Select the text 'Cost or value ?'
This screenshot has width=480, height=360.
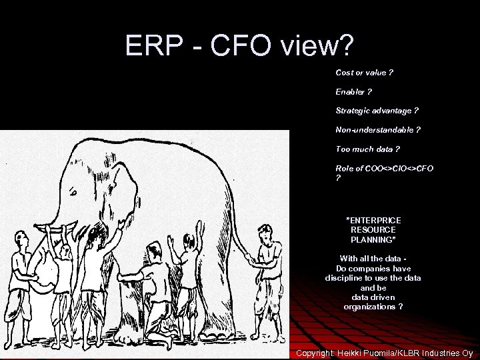point(364,72)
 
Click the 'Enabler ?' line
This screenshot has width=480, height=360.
point(353,91)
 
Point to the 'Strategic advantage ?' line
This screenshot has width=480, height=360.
point(377,110)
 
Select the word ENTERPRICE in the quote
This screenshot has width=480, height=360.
point(373,219)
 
